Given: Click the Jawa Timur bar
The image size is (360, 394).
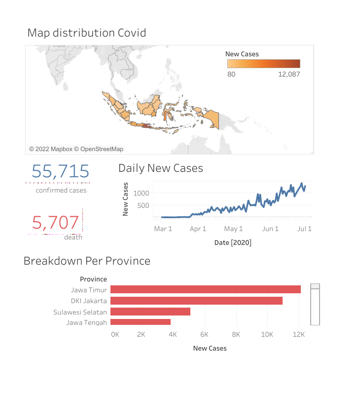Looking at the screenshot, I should tap(205, 289).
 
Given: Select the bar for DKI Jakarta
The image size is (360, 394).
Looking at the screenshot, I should tap(196, 301).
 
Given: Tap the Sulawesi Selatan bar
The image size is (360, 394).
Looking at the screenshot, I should tap(150, 312).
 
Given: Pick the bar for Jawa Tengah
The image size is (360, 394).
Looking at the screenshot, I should tap(141, 322).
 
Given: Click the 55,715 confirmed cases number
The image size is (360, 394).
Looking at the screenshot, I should tap(61, 171).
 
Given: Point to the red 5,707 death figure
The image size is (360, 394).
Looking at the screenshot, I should tap(55, 223).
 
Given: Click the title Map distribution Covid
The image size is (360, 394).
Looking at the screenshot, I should tap(87, 33).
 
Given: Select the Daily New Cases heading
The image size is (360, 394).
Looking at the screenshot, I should tap(161, 168).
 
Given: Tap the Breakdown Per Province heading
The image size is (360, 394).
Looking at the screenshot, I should tap(87, 261).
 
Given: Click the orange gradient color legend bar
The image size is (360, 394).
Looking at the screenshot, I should tap(263, 64).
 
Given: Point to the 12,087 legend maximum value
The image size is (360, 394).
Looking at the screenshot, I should tap(288, 75).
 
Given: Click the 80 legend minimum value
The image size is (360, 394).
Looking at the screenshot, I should tap(231, 75).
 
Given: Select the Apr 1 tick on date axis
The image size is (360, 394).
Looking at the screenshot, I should tap(198, 229).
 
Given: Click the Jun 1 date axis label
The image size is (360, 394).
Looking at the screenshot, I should tap(270, 229).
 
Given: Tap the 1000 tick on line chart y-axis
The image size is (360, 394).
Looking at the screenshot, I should tap(141, 193).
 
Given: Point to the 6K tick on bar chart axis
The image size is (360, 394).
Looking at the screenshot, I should tap(204, 334).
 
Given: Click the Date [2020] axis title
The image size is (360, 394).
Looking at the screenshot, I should tap(233, 242).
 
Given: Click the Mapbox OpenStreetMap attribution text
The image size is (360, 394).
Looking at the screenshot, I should tap(76, 149).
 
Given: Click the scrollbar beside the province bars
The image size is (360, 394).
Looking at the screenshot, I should tap(315, 304).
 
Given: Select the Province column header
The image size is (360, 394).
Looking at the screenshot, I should tap(93, 279).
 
